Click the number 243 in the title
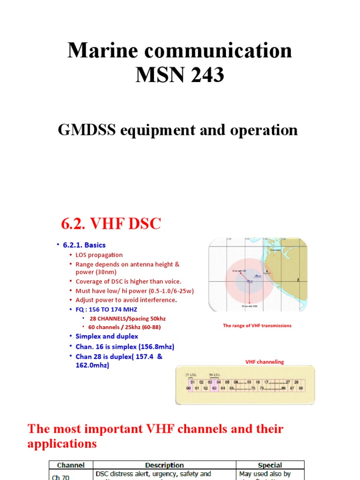pos(202,75)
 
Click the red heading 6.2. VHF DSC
pos(111,224)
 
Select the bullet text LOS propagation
pos(99,255)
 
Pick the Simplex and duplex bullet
pos(107,336)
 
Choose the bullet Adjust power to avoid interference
pos(126,300)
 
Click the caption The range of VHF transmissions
pos(257,326)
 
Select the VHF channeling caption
pos(265,362)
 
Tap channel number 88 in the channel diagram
pos(300,389)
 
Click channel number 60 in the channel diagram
pos(188,389)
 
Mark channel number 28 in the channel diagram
pos(296,382)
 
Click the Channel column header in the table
pos(71,465)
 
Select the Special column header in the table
pos(270,465)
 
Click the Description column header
pos(165,465)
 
